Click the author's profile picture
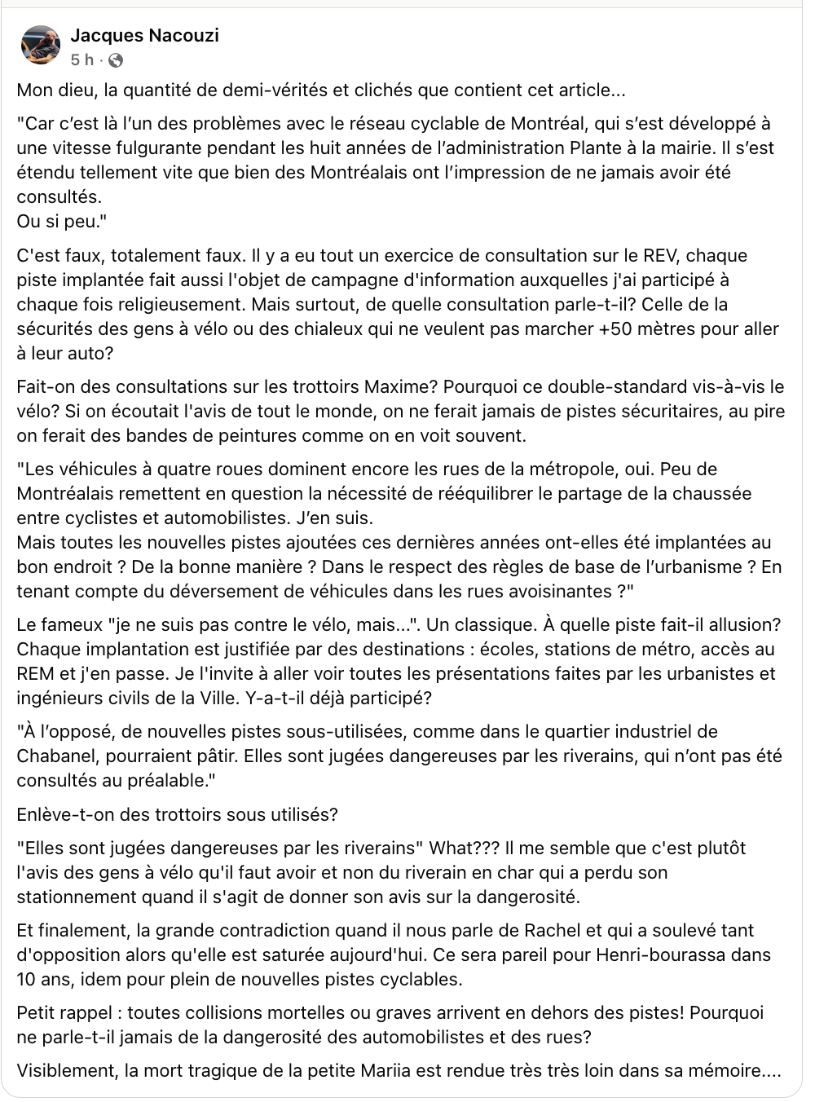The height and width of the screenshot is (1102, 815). tap(41, 45)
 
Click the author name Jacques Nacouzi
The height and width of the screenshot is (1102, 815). tap(144, 35)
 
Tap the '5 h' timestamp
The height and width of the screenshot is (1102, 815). tap(82, 60)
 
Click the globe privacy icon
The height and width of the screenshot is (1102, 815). tap(116, 60)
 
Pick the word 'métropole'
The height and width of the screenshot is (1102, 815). tap(581, 469)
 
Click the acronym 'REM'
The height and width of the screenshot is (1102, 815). tap(35, 675)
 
